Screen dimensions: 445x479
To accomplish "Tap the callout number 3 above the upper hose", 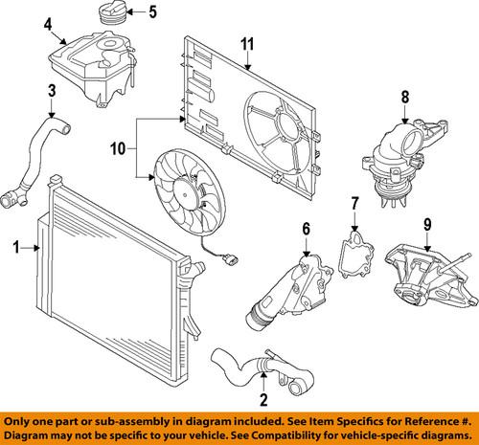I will pos(51,92).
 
